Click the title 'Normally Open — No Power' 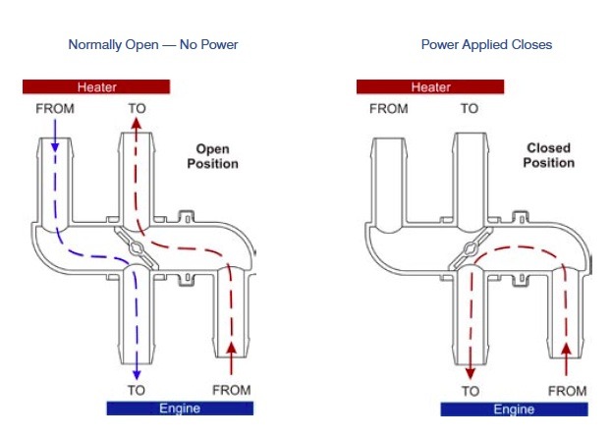(153, 45)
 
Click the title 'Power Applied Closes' (486, 45)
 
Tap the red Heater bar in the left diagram (96, 86)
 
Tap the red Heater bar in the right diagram (430, 86)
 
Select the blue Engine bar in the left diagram (180, 409)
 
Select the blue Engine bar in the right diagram (515, 410)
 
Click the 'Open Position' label (213, 156)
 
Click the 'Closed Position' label (549, 155)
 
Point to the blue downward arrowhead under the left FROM (55, 147)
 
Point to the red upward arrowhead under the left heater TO (136, 124)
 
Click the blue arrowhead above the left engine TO (137, 375)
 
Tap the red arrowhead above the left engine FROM (232, 348)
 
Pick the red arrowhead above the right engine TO (471, 374)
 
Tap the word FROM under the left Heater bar (55, 109)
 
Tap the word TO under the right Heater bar (470, 109)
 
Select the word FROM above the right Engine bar (568, 391)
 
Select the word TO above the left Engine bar (137, 390)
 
